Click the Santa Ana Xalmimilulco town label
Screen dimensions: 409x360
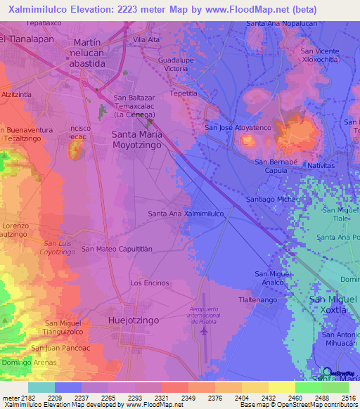186,213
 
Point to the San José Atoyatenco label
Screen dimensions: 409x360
237,127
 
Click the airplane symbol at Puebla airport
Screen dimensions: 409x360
204,330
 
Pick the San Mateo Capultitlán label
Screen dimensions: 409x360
117,248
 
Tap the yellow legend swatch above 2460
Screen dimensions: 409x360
281,387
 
